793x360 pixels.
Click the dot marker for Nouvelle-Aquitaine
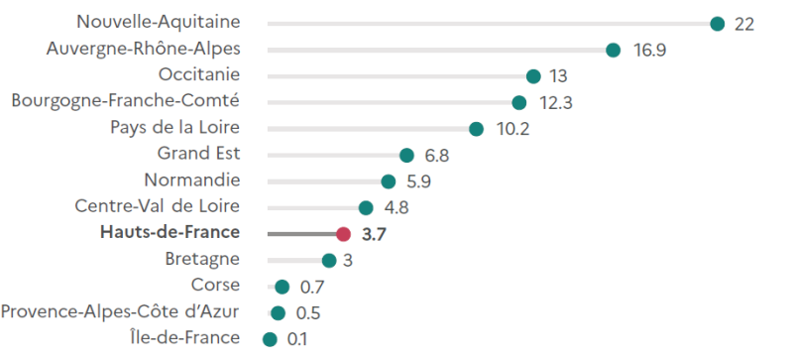[x=718, y=24]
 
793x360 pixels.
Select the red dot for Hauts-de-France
[x=343, y=234]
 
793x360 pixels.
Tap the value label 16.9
[x=649, y=51]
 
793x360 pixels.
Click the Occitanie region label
[x=199, y=74]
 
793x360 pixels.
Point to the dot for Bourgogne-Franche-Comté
[x=518, y=102]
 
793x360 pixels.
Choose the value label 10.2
[x=512, y=129]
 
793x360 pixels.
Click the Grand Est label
[x=198, y=154]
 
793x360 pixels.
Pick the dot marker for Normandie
[x=389, y=181]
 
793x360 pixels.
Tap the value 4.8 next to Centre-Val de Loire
[x=396, y=207]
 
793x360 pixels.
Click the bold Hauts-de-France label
[x=170, y=233]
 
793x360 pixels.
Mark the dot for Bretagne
[x=329, y=260]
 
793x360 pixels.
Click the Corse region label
[x=215, y=286]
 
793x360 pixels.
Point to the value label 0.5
[x=310, y=313]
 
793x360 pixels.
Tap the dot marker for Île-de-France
[x=270, y=339]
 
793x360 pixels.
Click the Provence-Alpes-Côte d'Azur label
[x=120, y=312]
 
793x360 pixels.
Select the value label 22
[x=744, y=24]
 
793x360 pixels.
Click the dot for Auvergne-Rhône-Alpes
[x=613, y=50]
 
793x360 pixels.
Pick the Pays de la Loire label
[x=175, y=127]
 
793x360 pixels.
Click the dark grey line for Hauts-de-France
[x=302, y=234]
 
